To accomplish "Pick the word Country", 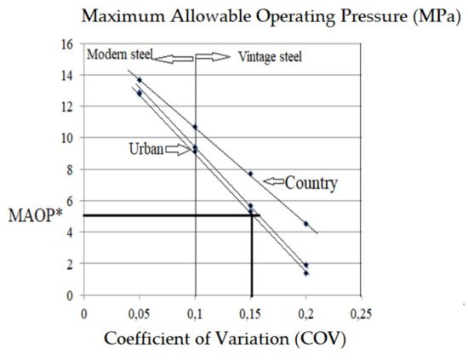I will [x=311, y=182].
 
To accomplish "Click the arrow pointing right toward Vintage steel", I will [x=214, y=57].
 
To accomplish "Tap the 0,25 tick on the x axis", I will [x=361, y=311].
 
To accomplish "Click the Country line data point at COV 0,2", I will [x=306, y=224].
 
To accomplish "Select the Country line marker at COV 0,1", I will [x=195, y=127].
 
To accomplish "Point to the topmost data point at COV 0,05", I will [x=140, y=80].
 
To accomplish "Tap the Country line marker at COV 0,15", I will [x=250, y=174].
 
